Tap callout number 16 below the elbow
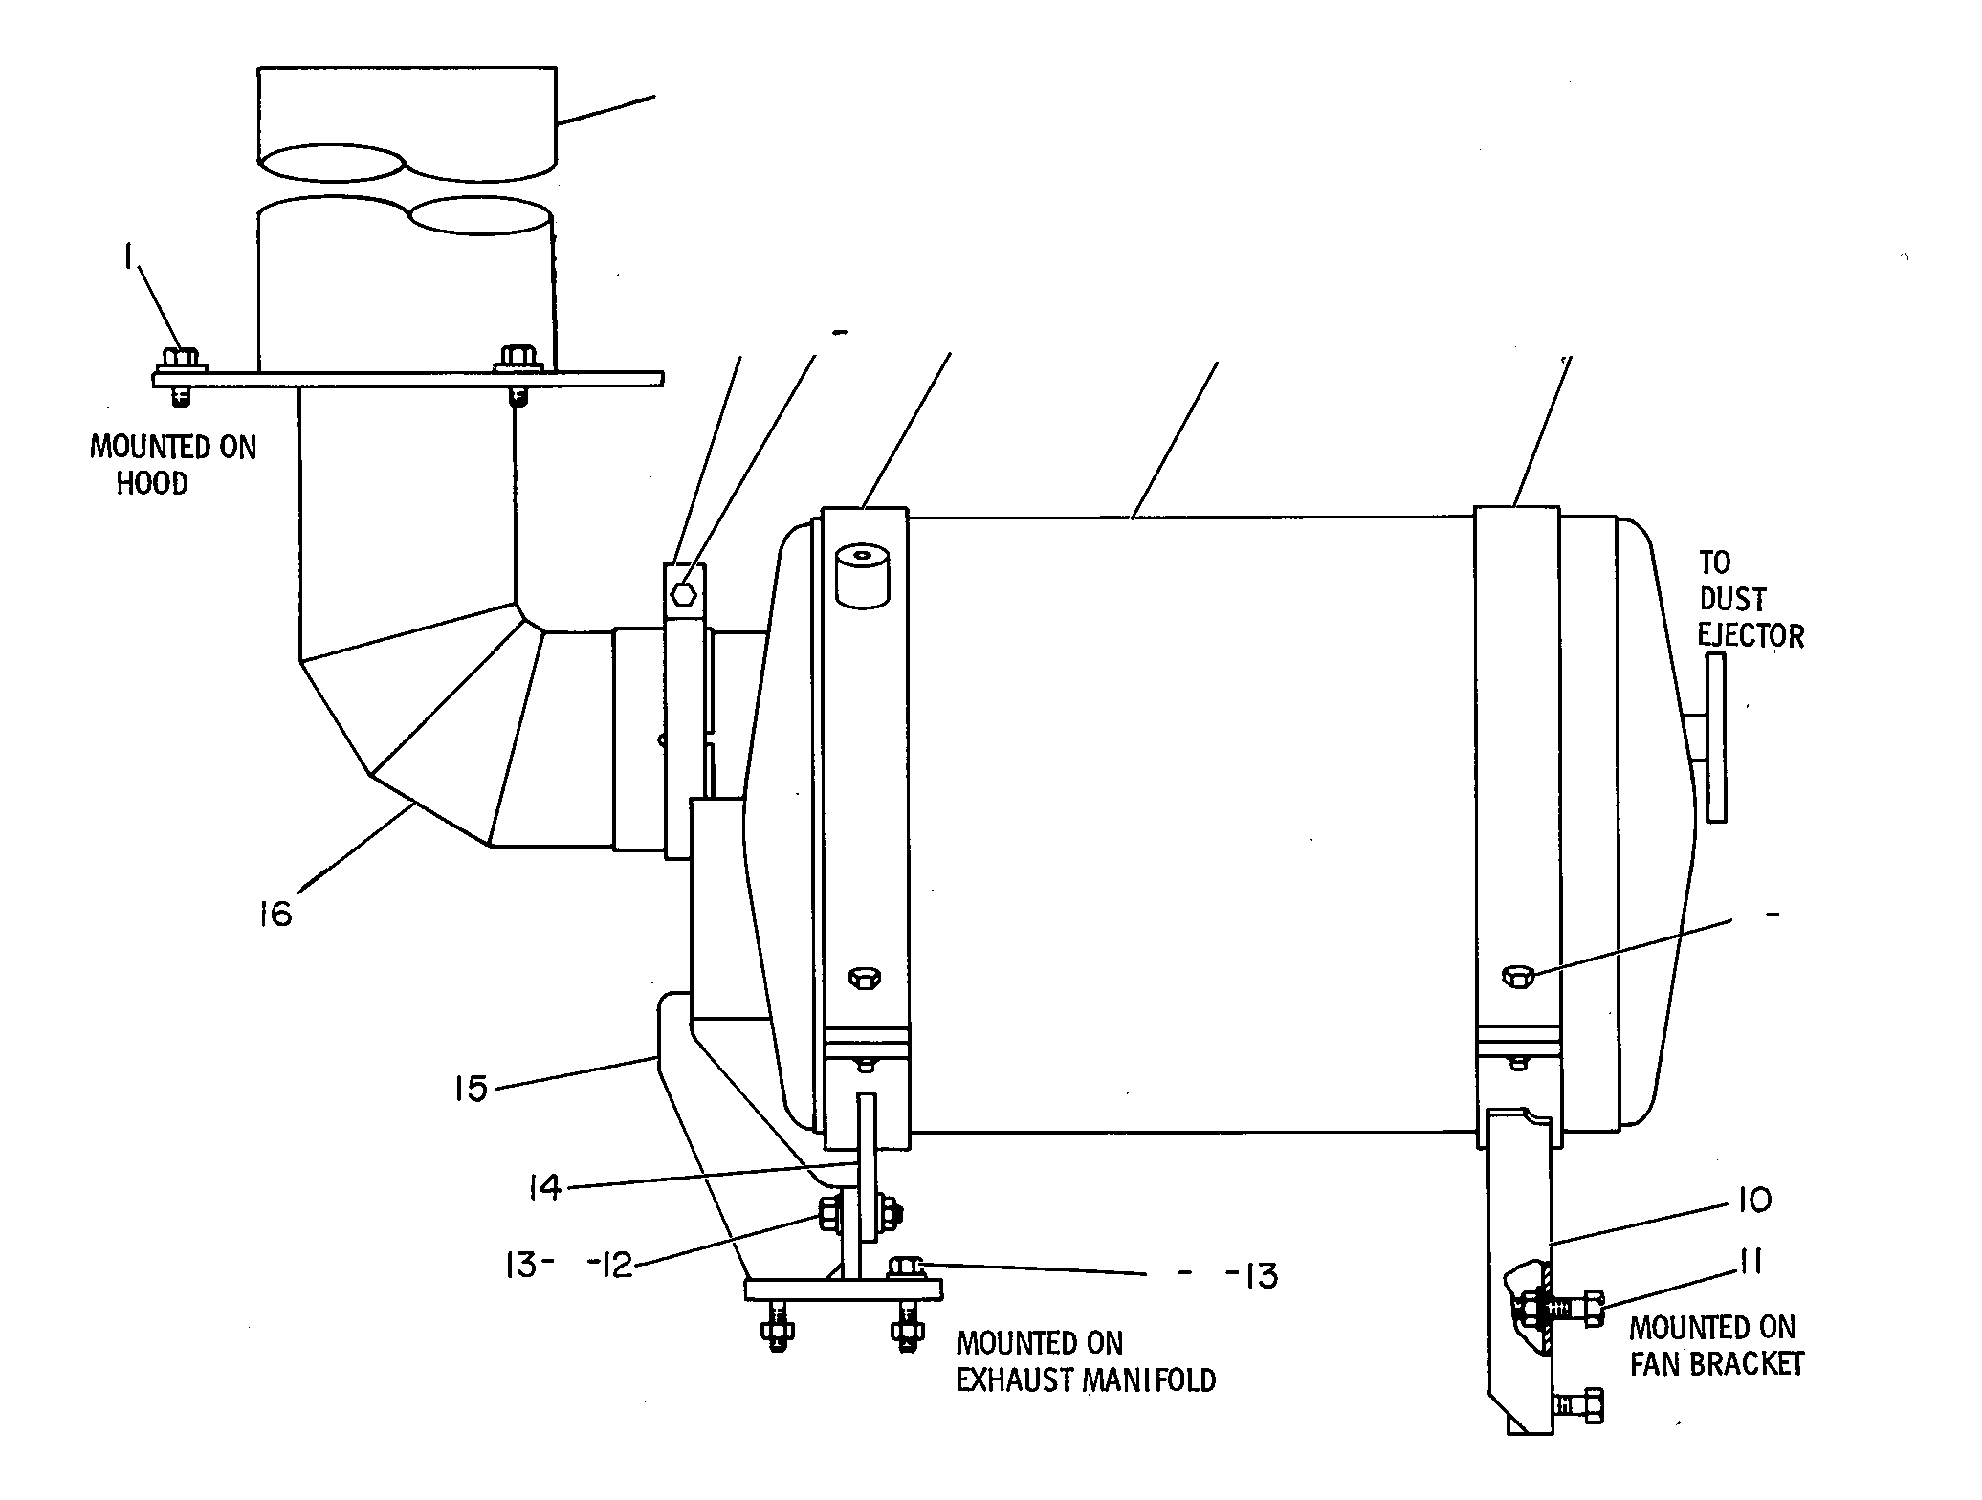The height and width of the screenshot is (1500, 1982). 275,915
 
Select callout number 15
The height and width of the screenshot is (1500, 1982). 472,1088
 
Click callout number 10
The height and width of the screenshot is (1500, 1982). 1752,1199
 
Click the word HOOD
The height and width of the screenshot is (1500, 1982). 152,483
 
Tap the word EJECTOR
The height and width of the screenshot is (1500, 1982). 1751,636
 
